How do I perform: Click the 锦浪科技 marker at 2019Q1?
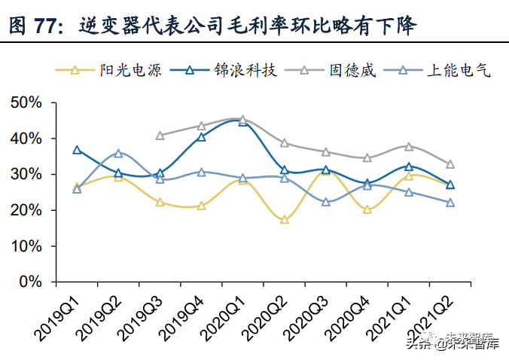click(x=77, y=150)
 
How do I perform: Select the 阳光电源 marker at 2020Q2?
click(x=284, y=220)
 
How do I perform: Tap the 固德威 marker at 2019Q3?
click(x=160, y=136)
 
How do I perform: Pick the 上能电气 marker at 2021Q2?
click(x=450, y=203)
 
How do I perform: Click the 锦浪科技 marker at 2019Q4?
click(x=201, y=137)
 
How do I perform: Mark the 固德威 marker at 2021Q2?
click(x=450, y=164)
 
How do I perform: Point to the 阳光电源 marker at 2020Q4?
click(x=367, y=209)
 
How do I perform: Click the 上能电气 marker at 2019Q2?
click(x=118, y=153)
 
